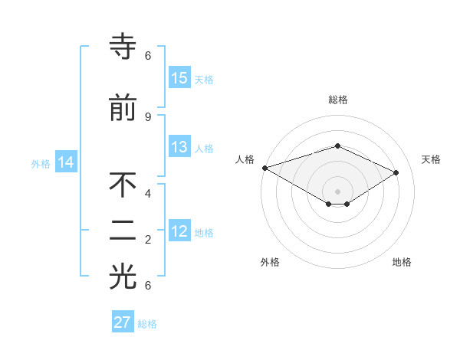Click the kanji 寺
point(123,47)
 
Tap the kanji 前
point(123,108)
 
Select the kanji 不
point(123,186)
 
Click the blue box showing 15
point(179,78)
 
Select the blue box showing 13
point(179,147)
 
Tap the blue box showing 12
point(179,231)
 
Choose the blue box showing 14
point(66,162)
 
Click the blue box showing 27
point(123,322)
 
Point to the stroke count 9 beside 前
point(147,116)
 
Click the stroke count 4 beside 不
point(147,193)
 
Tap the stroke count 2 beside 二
point(147,240)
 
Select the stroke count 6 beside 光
point(147,286)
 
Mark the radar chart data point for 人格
point(264,168)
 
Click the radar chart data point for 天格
point(396,172)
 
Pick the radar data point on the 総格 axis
point(337,146)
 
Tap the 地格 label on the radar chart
point(402,262)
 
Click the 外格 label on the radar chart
point(270,262)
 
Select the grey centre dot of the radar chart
point(337,191)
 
